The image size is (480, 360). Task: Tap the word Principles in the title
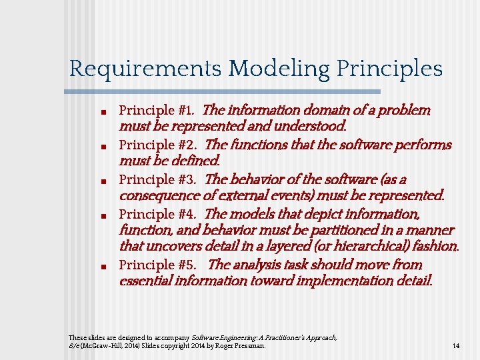tap(390, 69)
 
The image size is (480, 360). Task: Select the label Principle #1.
tap(157, 110)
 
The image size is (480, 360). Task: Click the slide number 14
tap(456, 346)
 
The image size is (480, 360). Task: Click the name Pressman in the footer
tap(251, 346)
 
